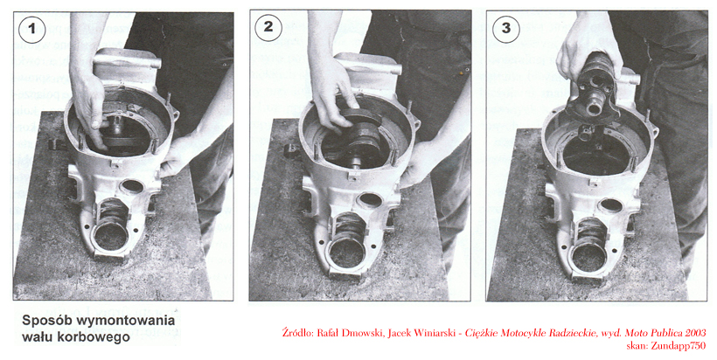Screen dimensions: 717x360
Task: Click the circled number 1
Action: pyautogui.click(x=32, y=28)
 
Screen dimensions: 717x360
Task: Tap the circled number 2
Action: pyautogui.click(x=268, y=27)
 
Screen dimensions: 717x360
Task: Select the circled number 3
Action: pyautogui.click(x=506, y=28)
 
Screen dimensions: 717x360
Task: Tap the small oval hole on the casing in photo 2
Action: pyautogui.click(x=369, y=199)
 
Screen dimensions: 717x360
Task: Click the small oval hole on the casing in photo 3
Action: pyautogui.click(x=612, y=206)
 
